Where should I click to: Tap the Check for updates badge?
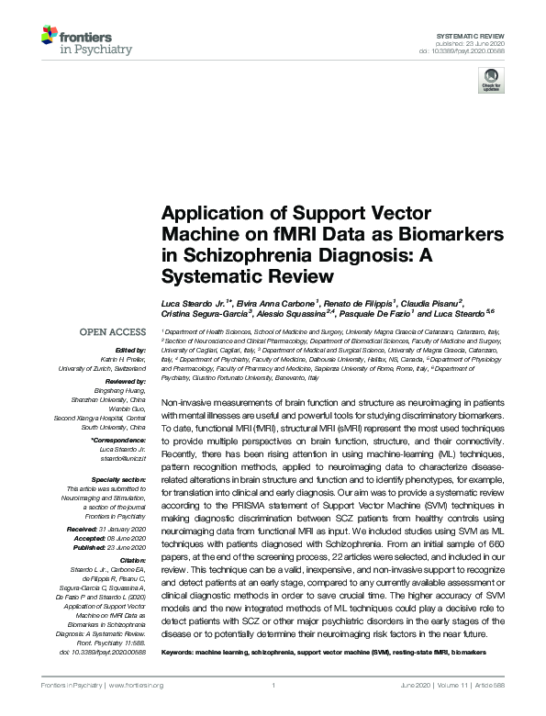point(490,82)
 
